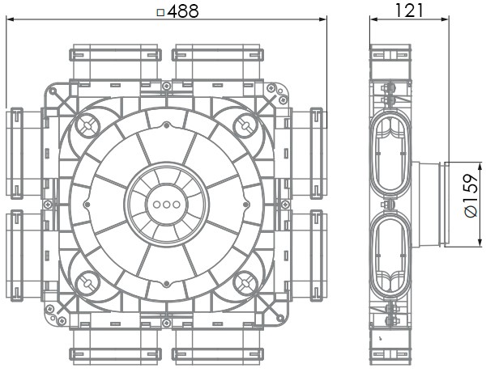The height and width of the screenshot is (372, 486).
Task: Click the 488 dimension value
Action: click(x=183, y=11)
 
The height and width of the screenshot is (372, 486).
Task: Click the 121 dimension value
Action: click(x=409, y=11)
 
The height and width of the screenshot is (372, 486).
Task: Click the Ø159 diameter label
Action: click(x=471, y=196)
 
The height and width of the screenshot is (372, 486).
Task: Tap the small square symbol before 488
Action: click(x=160, y=12)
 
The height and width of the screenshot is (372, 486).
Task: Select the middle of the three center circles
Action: click(x=166, y=205)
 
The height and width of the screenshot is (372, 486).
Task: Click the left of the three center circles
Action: click(x=157, y=205)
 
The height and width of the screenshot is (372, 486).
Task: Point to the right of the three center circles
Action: click(x=177, y=205)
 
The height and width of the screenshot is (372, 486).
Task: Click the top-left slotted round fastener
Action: click(x=87, y=125)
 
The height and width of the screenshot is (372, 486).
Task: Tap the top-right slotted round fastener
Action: click(x=245, y=125)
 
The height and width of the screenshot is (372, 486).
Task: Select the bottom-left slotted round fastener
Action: click(x=87, y=283)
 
